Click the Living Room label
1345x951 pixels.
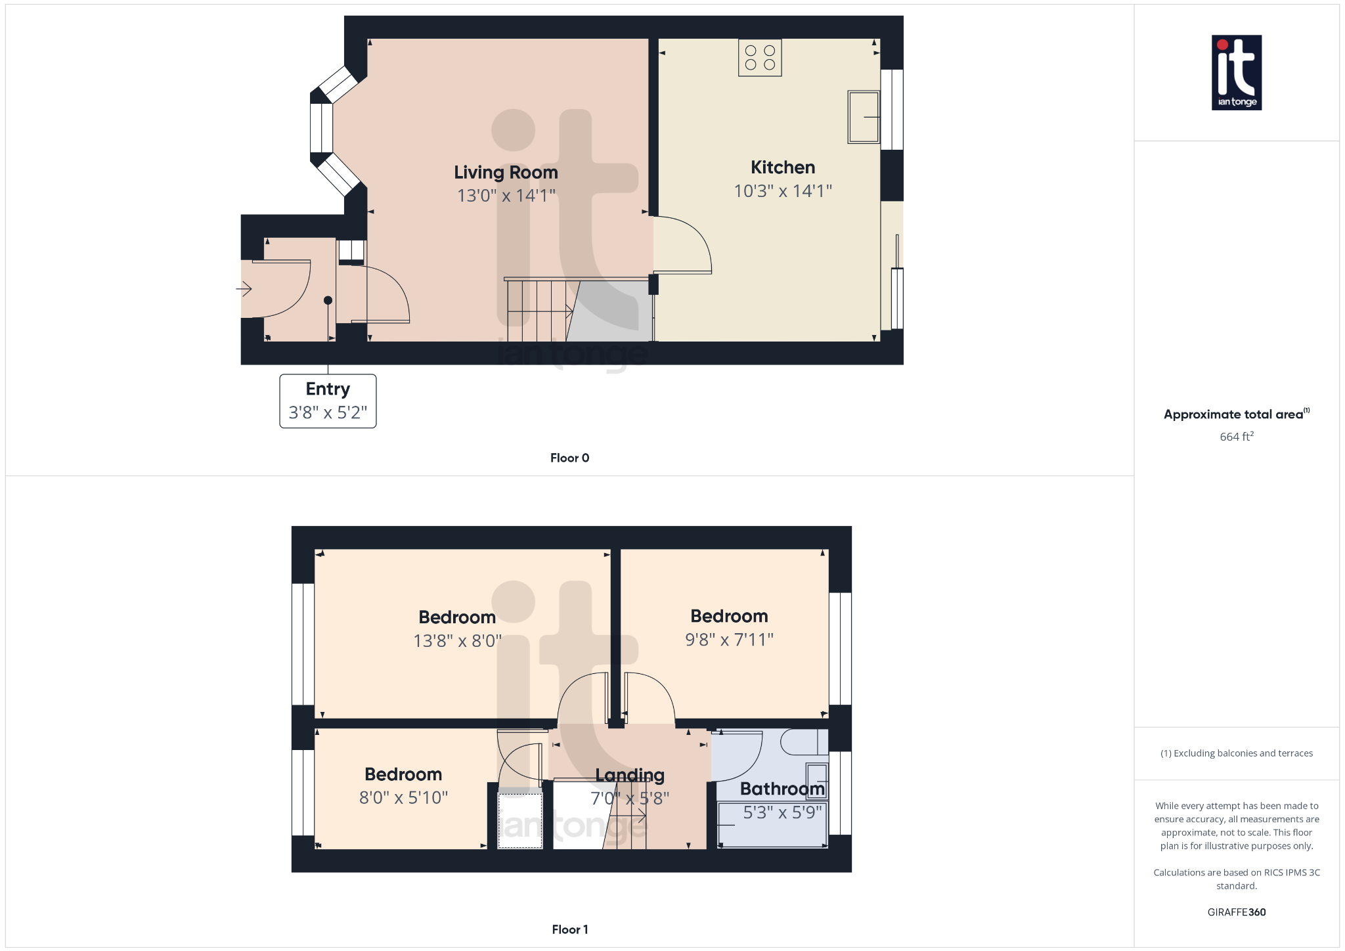pyautogui.click(x=506, y=172)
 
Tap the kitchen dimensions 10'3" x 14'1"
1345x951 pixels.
pyautogui.click(x=783, y=191)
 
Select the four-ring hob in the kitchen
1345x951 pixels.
pyautogui.click(x=760, y=58)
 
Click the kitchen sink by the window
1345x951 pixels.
pyautogui.click(x=863, y=117)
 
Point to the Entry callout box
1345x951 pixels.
pyautogui.click(x=328, y=401)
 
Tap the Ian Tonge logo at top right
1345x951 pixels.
pyautogui.click(x=1236, y=72)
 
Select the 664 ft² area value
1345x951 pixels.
pyautogui.click(x=1236, y=437)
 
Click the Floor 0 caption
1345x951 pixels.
pyautogui.click(x=569, y=458)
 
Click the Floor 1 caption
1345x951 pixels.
pyautogui.click(x=569, y=929)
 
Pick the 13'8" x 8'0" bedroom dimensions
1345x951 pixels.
pyautogui.click(x=457, y=641)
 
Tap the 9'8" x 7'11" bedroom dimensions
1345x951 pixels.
pyautogui.click(x=729, y=640)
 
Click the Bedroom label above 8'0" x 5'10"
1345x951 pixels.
pyautogui.click(x=403, y=774)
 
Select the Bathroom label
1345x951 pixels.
pyautogui.click(x=782, y=789)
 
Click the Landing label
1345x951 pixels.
pyautogui.click(x=630, y=776)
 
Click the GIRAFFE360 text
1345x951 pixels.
pyautogui.click(x=1236, y=912)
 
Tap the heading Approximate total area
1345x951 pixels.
pyautogui.click(x=1233, y=414)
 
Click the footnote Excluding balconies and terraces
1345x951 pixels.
pyautogui.click(x=1236, y=753)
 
